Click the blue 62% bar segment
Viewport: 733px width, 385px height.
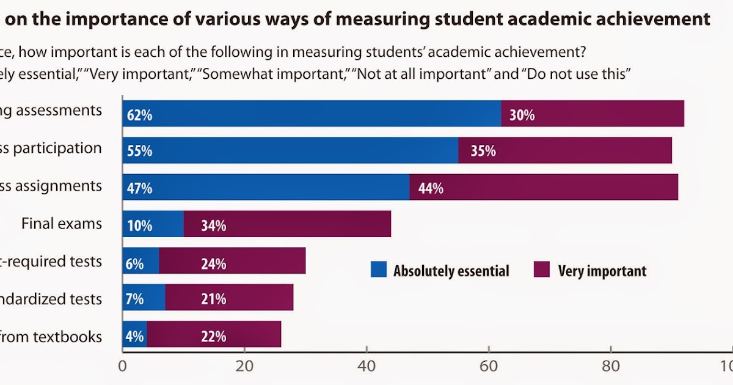pyautogui.click(x=312, y=114)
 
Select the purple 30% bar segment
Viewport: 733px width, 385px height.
pyautogui.click(x=593, y=114)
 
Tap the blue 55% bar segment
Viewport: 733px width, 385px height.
pyautogui.click(x=290, y=150)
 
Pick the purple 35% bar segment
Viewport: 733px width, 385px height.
pyautogui.click(x=565, y=150)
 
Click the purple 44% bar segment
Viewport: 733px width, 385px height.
pyautogui.click(x=544, y=187)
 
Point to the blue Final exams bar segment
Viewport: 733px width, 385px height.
pyautogui.click(x=153, y=224)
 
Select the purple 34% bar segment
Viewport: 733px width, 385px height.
pyautogui.click(x=287, y=224)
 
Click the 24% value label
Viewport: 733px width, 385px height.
pyautogui.click(x=214, y=264)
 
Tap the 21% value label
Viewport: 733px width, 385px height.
pyautogui.click(x=214, y=299)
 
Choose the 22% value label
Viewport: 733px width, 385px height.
pyautogui.click(x=214, y=336)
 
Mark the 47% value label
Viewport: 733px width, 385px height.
pyautogui.click(x=139, y=188)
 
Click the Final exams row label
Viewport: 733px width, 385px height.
pyautogui.click(x=62, y=224)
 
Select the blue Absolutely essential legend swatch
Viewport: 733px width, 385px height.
pyautogui.click(x=379, y=269)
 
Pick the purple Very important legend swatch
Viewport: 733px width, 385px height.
pyautogui.click(x=542, y=269)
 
